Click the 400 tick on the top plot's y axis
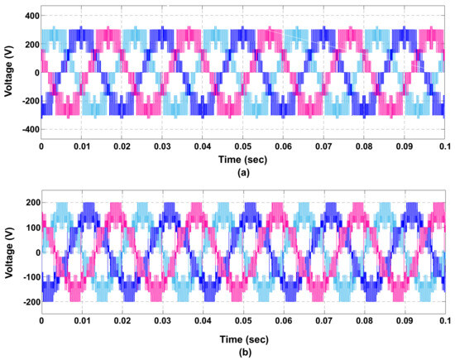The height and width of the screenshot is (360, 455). [29, 16]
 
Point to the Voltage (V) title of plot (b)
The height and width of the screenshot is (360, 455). [7, 252]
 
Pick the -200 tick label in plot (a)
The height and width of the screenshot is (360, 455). [27, 101]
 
